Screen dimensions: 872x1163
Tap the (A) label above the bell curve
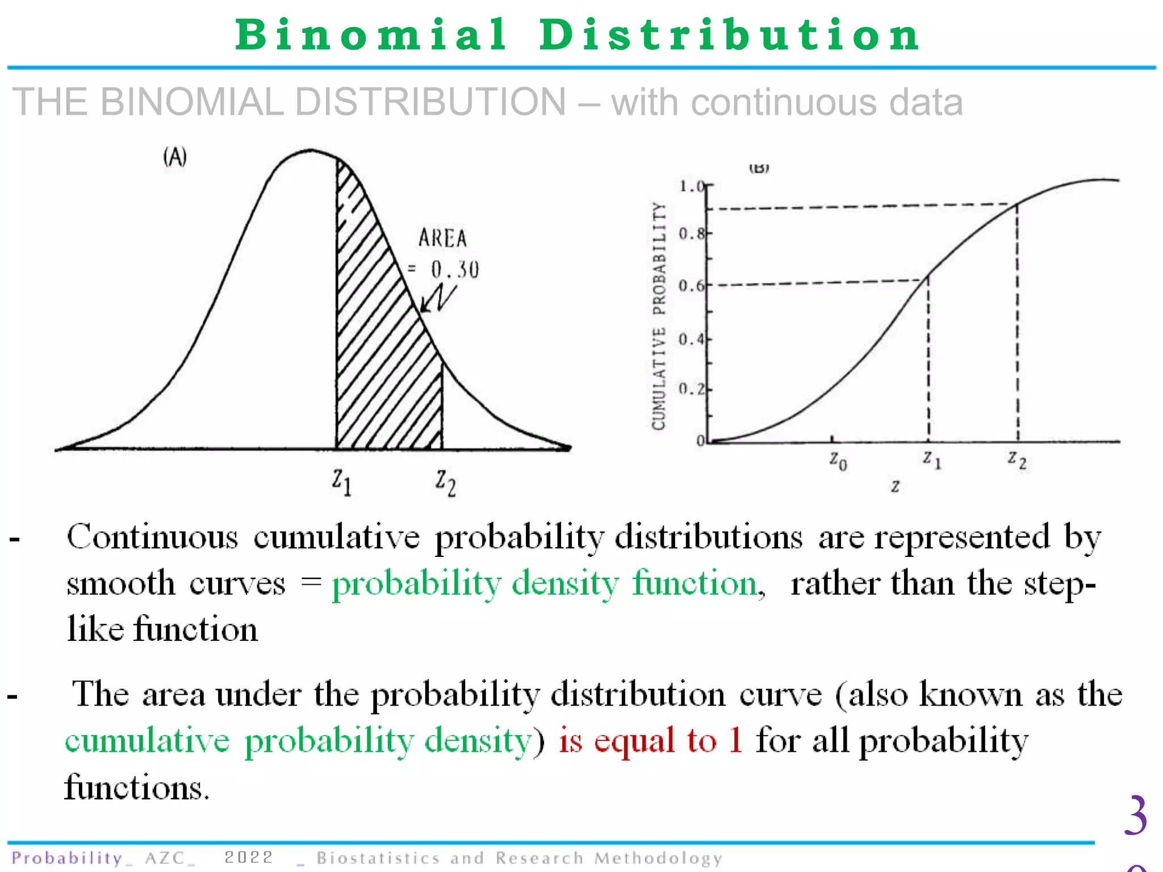[x=175, y=157]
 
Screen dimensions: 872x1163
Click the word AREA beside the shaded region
[x=443, y=238]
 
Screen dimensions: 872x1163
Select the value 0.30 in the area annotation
[x=455, y=270]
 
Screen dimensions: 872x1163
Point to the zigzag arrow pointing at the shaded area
[x=438, y=298]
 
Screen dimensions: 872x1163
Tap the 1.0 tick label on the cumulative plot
[x=691, y=186]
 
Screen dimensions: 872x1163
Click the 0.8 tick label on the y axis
[x=691, y=233]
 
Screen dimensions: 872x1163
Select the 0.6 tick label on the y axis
[x=691, y=286]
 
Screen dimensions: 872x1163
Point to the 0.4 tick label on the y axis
[x=691, y=339]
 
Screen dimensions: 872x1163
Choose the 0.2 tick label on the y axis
[x=691, y=389]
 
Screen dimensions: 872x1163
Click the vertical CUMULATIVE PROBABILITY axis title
[x=659, y=316]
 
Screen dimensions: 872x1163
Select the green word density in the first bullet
[x=565, y=584]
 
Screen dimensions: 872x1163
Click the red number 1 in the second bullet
[x=735, y=740]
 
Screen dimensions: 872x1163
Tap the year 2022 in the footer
[x=249, y=857]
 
